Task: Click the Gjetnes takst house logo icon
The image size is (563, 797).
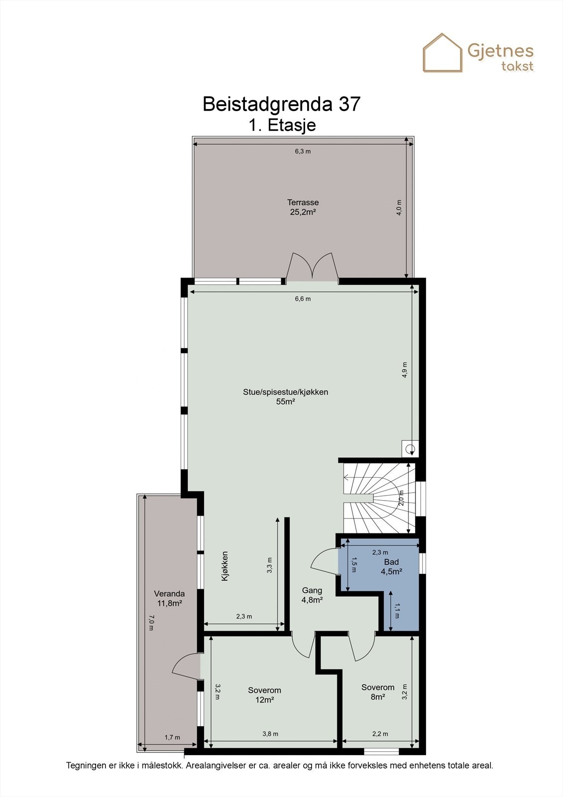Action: [x=443, y=53]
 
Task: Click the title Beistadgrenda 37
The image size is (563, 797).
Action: [x=281, y=104]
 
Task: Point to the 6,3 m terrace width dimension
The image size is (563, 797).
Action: [x=303, y=151]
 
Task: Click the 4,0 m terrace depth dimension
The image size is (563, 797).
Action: [x=399, y=207]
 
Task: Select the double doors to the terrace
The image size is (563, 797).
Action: [x=312, y=266]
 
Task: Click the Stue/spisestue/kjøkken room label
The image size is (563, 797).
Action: [x=285, y=397]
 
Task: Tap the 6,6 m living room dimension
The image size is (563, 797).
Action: [x=303, y=299]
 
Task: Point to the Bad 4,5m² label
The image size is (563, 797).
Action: [x=391, y=567]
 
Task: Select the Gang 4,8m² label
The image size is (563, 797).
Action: [x=312, y=595]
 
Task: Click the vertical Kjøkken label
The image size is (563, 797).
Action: [x=225, y=566]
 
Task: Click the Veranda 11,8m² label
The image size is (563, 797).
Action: [x=169, y=598]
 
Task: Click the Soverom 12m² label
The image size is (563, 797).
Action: [x=264, y=695]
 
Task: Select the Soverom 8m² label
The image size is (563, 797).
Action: [x=378, y=692]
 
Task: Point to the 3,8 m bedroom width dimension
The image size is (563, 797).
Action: [x=270, y=734]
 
